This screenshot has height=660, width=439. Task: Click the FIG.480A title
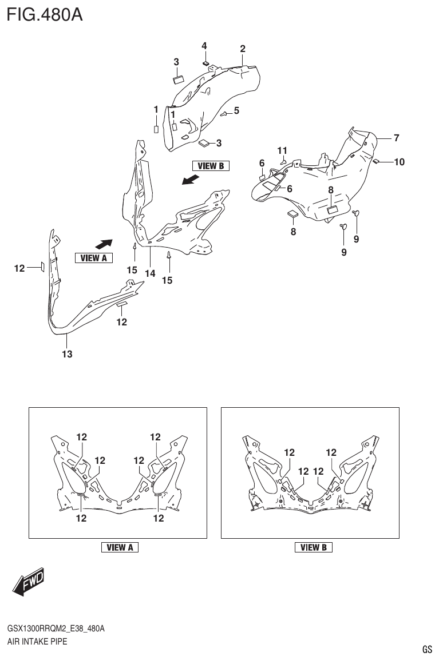(45, 14)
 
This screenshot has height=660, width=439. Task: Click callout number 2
(243, 49)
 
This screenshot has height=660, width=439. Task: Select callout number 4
(204, 46)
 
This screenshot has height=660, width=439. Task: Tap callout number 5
(236, 110)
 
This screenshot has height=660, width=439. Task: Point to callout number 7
(396, 138)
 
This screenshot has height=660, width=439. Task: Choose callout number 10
(399, 162)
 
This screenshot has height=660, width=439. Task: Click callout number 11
(282, 150)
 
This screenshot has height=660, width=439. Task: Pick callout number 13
(67, 355)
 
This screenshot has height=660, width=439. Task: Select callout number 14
(150, 274)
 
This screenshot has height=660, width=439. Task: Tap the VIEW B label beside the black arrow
(211, 166)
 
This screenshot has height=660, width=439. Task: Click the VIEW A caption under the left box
(120, 547)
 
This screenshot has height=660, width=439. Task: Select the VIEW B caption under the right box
(314, 547)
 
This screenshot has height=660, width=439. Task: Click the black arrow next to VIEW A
(103, 244)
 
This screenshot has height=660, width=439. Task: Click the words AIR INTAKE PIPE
(37, 641)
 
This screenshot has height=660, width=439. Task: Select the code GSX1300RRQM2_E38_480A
(56, 629)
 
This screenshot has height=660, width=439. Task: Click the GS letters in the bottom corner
(427, 650)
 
